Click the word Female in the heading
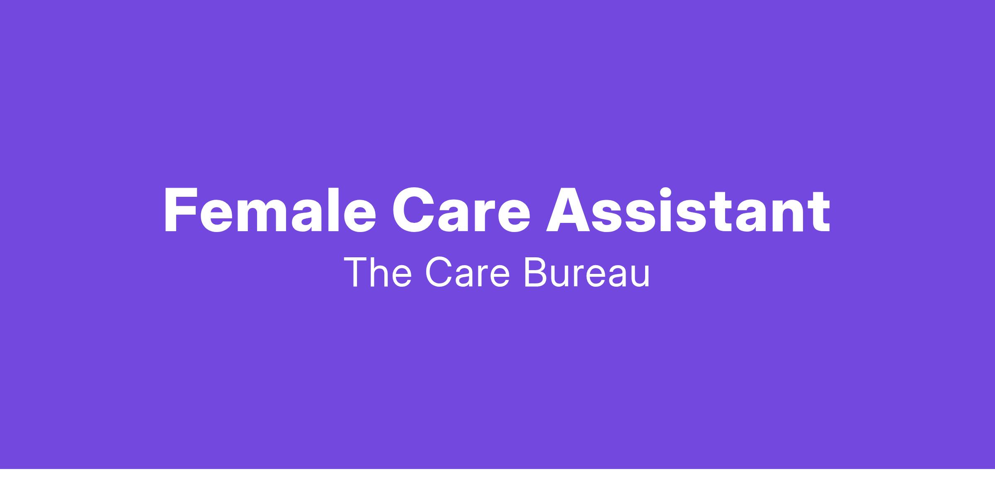[270, 210]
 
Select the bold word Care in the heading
[461, 210]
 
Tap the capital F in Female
[181, 210]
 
